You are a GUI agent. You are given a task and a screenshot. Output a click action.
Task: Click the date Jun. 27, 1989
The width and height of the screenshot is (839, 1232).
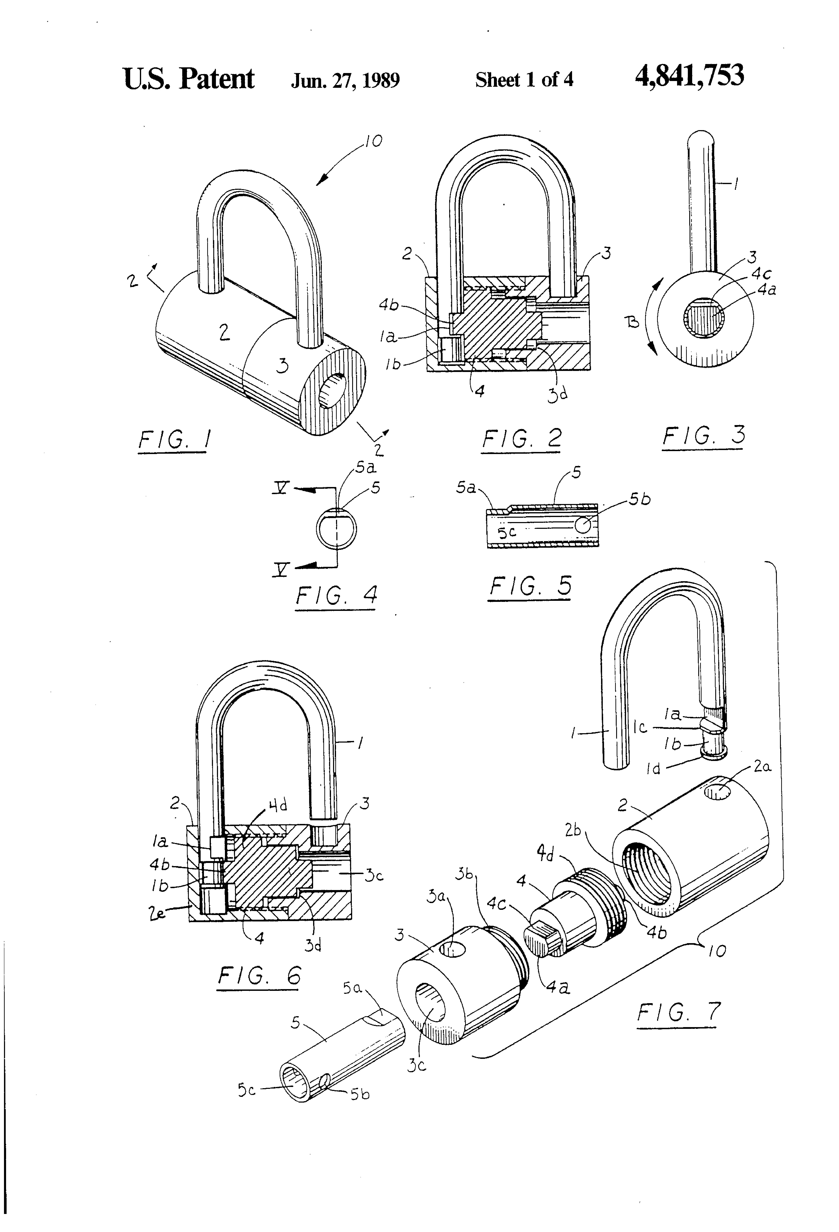[345, 80]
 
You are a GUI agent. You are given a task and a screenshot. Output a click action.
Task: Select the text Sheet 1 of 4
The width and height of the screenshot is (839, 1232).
[524, 80]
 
